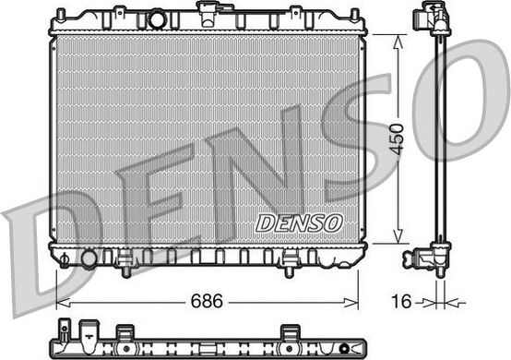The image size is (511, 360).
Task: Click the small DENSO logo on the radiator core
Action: [x=298, y=223]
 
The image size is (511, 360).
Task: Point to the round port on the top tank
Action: [x=157, y=18]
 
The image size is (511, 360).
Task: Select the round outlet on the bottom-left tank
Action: [x=88, y=258]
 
